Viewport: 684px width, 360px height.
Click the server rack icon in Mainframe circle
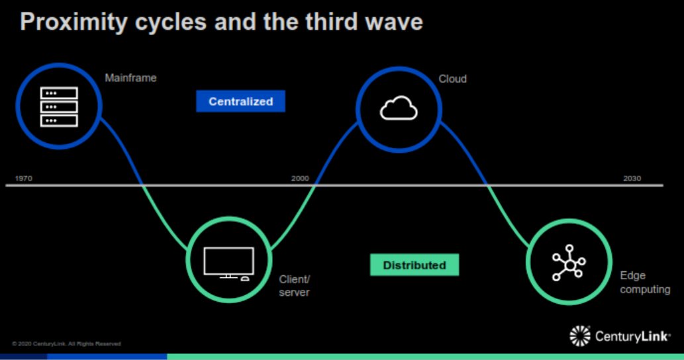[x=59, y=107]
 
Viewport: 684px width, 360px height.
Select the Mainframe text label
[x=130, y=78]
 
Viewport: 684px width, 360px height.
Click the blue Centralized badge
[x=240, y=101]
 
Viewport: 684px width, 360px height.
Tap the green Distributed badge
[x=415, y=265]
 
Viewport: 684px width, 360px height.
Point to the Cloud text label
[x=453, y=79]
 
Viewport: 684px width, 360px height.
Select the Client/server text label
[x=295, y=286]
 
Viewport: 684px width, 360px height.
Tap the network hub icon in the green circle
[x=568, y=263]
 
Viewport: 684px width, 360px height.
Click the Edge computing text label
[x=644, y=283]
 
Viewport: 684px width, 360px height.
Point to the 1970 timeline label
[x=24, y=179]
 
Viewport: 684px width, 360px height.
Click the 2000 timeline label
[x=300, y=179]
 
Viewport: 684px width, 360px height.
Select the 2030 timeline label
[x=632, y=179]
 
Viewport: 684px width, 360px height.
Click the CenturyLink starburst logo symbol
[x=580, y=336]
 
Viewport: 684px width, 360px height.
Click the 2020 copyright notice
[x=66, y=343]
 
